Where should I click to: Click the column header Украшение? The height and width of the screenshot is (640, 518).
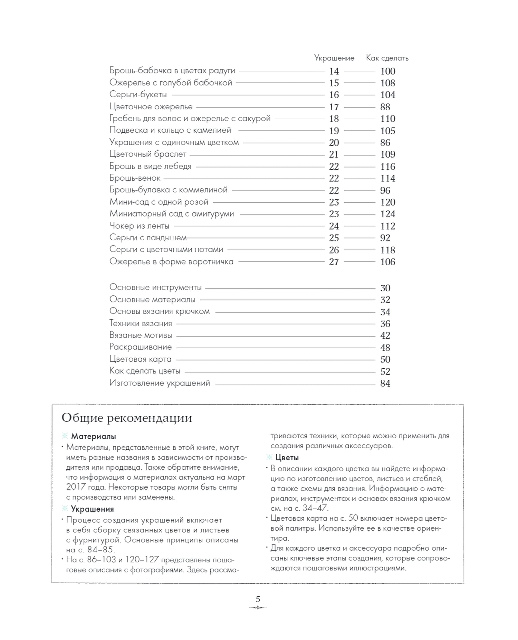334,58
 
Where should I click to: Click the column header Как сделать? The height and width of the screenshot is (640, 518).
387,58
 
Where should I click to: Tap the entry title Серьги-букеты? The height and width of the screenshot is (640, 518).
138,94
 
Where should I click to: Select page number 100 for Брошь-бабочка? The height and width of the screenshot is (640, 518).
387,71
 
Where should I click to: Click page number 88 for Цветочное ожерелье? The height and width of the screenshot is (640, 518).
385,107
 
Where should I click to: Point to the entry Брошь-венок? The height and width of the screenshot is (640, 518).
135,178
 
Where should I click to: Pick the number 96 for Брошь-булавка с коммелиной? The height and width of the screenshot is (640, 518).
385,190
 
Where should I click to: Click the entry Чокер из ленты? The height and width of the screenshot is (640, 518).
139,226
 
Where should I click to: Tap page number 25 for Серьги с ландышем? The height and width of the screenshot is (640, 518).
334,238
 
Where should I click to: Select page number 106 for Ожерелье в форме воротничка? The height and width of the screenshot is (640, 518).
387,262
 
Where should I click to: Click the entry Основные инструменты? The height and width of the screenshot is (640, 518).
155,287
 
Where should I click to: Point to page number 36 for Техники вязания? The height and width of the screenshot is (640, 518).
385,324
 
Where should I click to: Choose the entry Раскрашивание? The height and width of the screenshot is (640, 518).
140,347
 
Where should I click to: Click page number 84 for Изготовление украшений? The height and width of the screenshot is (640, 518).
385,383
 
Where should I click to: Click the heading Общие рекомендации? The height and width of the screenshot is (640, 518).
126,418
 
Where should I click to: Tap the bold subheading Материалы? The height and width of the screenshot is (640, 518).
93,437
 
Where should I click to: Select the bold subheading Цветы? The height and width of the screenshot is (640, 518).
287,458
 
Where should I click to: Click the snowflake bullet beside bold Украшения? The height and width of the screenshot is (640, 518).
65,509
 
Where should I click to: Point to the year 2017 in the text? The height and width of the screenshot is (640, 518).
76,487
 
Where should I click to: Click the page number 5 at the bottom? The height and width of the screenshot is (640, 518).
258,599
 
